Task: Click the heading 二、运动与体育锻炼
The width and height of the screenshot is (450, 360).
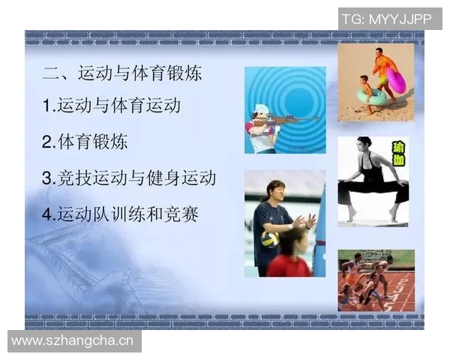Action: pos(122,73)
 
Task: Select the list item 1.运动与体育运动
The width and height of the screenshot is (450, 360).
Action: pos(112,106)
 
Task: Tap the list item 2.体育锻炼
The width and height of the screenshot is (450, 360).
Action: pos(85,142)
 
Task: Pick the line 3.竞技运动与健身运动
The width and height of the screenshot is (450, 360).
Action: pos(129,178)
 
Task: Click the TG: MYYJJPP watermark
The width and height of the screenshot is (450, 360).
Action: pos(386,19)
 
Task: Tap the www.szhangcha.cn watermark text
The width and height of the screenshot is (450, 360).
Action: pos(72,341)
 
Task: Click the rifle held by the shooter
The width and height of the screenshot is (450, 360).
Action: pos(289,119)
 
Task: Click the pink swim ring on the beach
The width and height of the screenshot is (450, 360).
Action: pos(396,80)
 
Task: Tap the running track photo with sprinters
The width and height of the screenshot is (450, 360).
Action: pos(376,280)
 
